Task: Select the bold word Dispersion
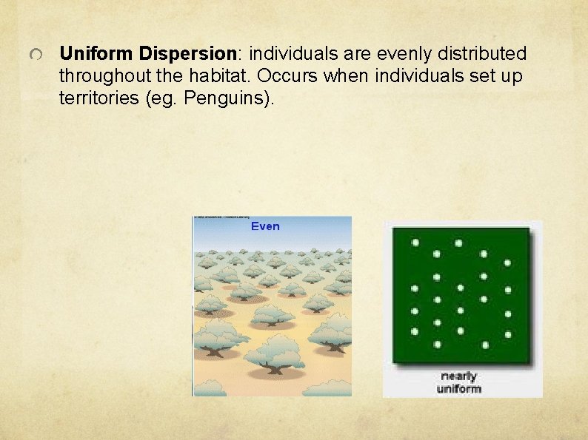[187, 54]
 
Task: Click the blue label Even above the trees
[265, 226]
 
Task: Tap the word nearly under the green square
[459, 376]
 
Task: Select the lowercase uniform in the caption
[459, 388]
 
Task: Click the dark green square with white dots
[461, 295]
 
